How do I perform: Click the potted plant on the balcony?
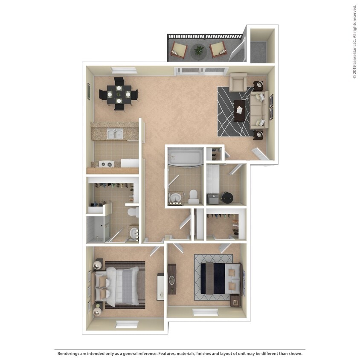[198, 51]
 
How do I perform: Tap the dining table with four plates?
[119, 94]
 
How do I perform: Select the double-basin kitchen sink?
[114, 134]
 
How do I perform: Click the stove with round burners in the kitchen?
[106, 163]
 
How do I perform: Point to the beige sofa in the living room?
[258, 110]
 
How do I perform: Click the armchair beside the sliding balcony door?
[238, 82]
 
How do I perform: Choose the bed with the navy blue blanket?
[220, 278]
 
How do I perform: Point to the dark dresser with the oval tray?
[172, 279]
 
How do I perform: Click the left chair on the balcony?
[179, 51]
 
